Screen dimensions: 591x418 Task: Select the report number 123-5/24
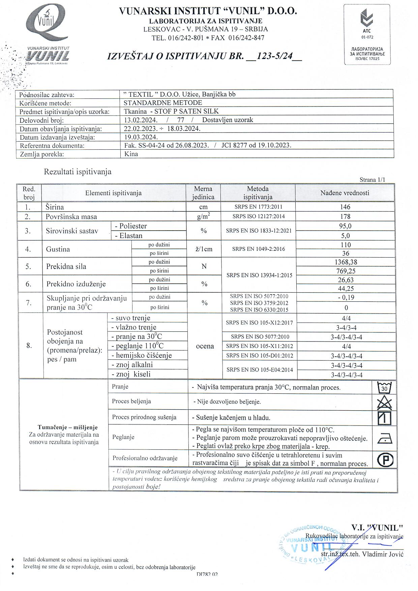[274, 56]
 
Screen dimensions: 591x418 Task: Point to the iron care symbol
[384, 439]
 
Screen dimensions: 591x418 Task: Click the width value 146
[345, 207]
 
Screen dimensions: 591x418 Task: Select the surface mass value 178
[345, 216]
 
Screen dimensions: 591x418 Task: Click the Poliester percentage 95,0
[345, 226]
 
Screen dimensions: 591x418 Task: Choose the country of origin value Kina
[131, 154]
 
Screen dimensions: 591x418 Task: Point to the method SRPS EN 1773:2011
[258, 207]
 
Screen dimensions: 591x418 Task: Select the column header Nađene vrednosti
[345, 193]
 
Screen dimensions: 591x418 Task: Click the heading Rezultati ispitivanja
[78, 172]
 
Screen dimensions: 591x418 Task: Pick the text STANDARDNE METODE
[163, 102]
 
